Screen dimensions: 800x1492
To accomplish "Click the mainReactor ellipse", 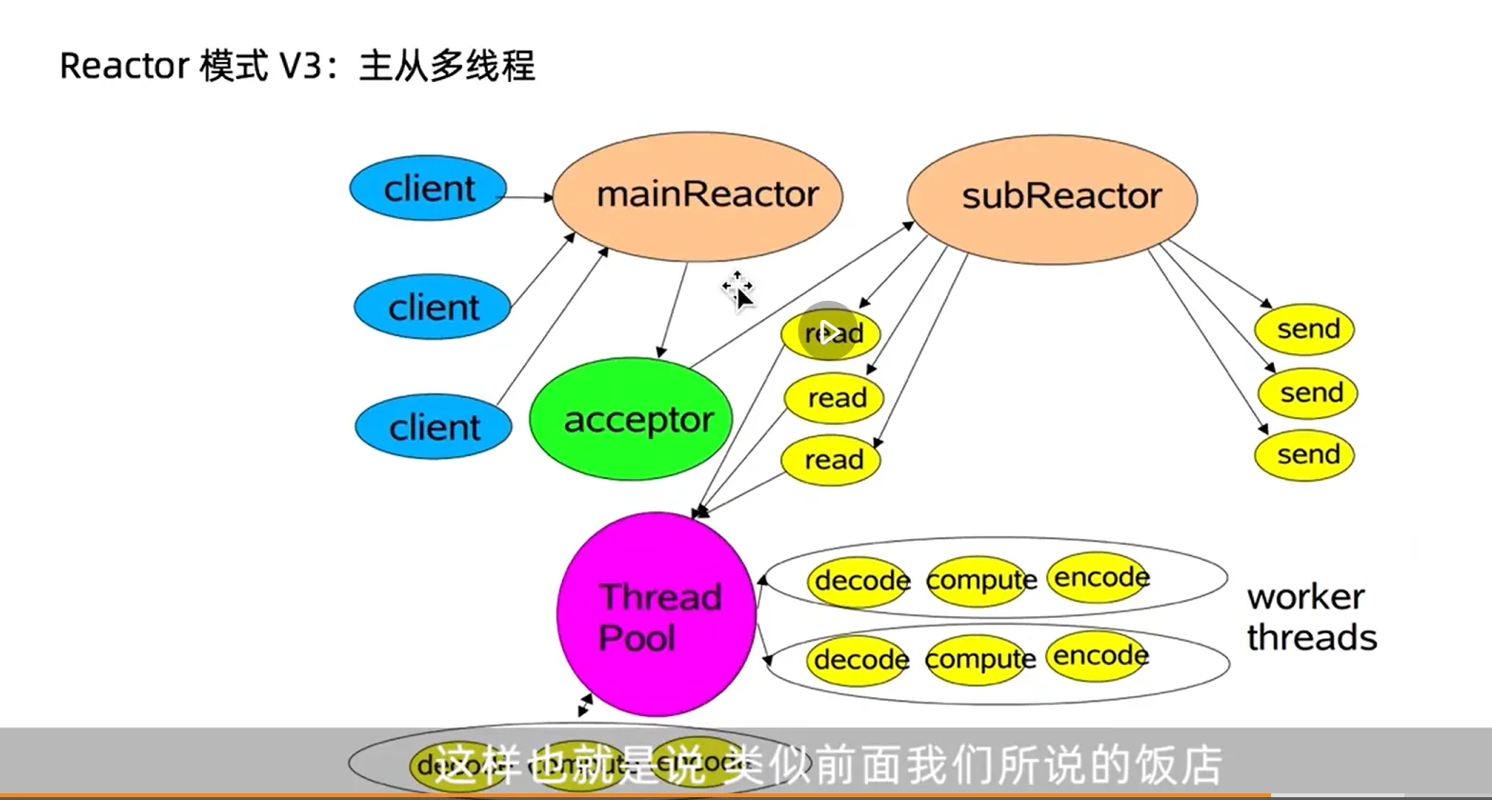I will pyautogui.click(x=697, y=194).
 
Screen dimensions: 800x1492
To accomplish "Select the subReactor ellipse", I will pyautogui.click(x=1051, y=196).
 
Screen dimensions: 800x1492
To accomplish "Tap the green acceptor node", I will pyautogui.click(x=631, y=420).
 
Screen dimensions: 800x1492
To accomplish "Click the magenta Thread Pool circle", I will pyautogui.click(x=656, y=615).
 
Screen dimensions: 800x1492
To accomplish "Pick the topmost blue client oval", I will pyautogui.click(x=428, y=189).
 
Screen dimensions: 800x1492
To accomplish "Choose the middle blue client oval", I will pyautogui.click(x=433, y=308).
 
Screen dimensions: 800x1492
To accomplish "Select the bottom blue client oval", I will pyautogui.click(x=433, y=427).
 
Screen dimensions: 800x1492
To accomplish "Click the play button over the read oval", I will pyautogui.click(x=829, y=331).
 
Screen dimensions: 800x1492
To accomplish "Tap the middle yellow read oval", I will pyautogui.click(x=835, y=398).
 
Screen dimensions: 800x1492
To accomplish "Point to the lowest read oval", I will pyautogui.click(x=831, y=460).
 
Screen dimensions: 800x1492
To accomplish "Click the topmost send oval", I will pyautogui.click(x=1304, y=330).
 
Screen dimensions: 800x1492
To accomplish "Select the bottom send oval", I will pyautogui.click(x=1304, y=455).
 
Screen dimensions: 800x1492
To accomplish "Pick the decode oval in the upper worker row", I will pyautogui.click(x=859, y=580).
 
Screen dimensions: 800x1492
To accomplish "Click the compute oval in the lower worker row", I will pyautogui.click(x=978, y=659).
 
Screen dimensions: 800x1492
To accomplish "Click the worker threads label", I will pyautogui.click(x=1311, y=617).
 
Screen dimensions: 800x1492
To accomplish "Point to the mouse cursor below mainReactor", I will pyautogui.click(x=739, y=290).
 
